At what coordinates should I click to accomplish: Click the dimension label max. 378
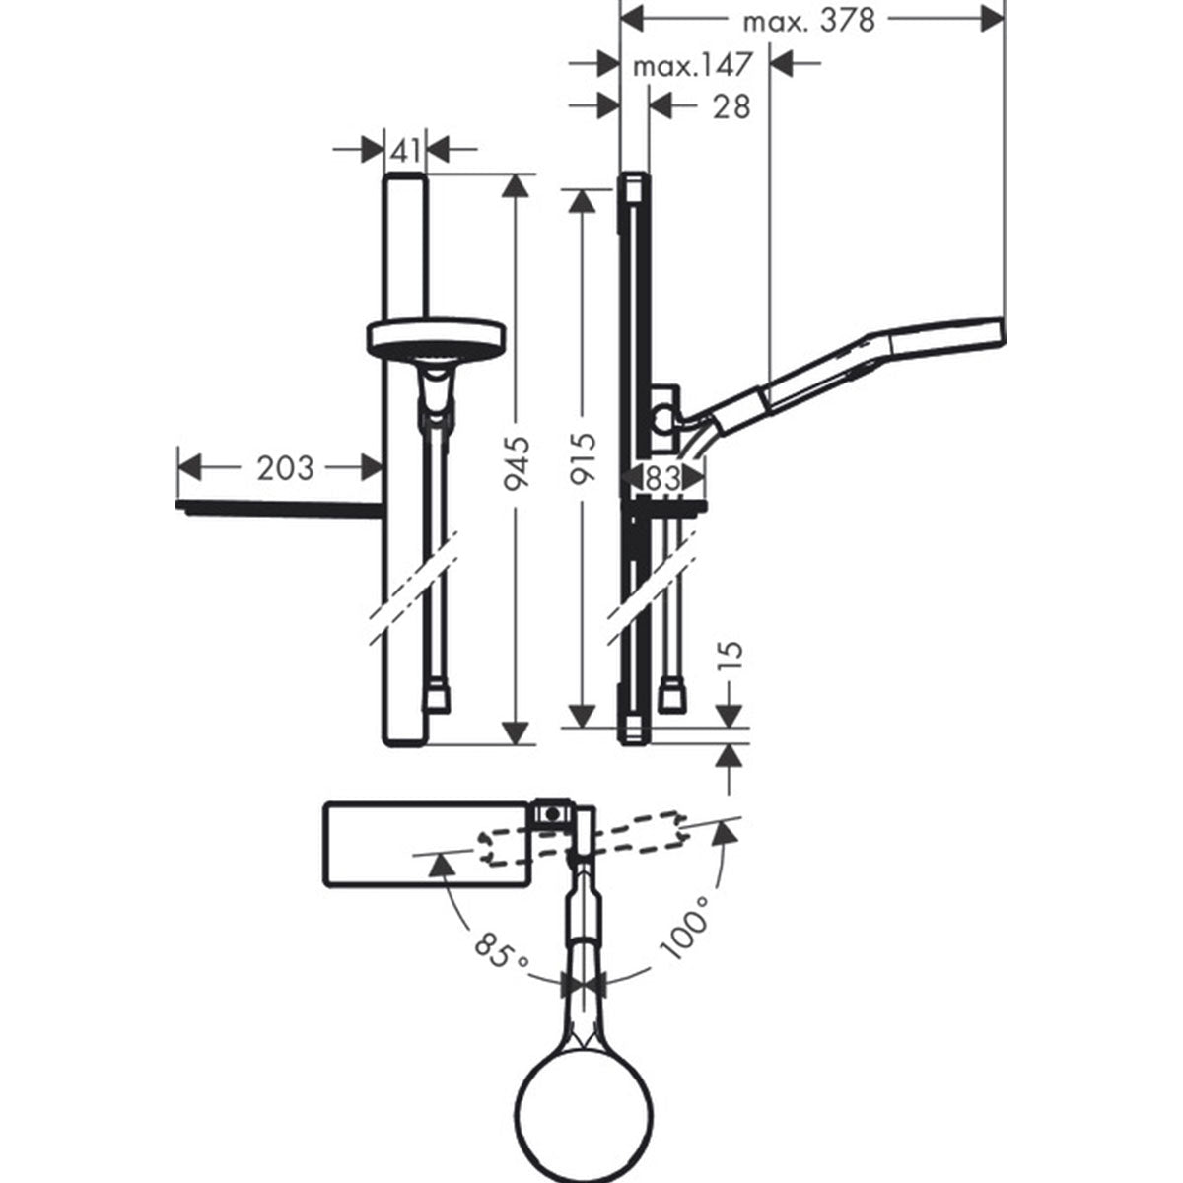pyautogui.click(x=808, y=20)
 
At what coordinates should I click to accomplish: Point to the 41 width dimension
pyautogui.click(x=406, y=150)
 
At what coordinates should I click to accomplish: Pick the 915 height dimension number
pyautogui.click(x=586, y=454)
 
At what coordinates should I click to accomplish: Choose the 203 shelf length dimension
pyautogui.click(x=285, y=467)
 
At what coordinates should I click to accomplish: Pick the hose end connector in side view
pyautogui.click(x=674, y=695)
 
